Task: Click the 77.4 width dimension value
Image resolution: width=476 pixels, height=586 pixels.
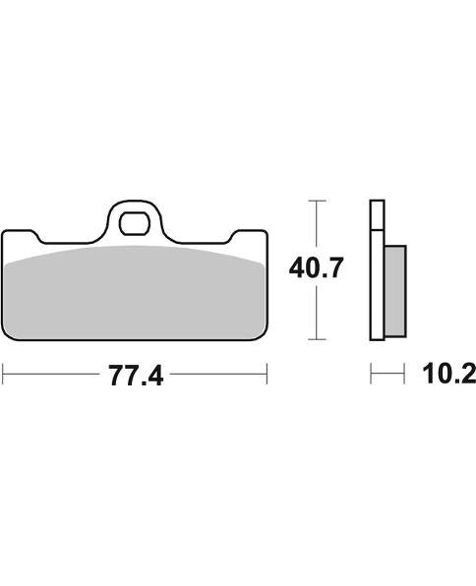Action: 135,375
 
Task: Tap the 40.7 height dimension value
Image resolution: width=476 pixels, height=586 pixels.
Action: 315,268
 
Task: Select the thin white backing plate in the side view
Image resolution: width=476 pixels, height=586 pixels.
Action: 376,270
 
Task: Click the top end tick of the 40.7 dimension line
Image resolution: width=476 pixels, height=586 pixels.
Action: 315,201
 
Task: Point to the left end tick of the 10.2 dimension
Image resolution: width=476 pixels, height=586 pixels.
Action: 371,375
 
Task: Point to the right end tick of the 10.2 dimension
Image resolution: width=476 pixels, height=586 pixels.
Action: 404,375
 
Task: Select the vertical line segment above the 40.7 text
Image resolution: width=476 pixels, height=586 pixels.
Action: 315,226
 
